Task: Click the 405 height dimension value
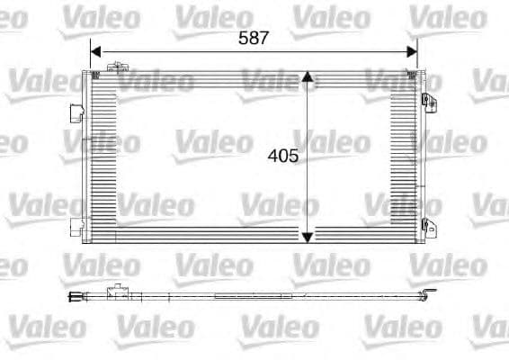click(x=282, y=155)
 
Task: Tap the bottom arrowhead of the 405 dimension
click(x=308, y=237)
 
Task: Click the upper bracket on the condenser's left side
click(x=75, y=114)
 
